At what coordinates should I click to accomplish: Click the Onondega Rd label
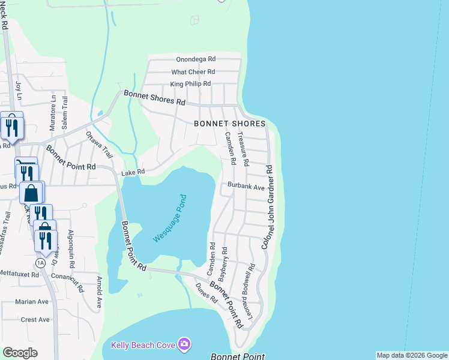pyautogui.click(x=196, y=59)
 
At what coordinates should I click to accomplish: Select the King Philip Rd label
pyautogui.click(x=190, y=84)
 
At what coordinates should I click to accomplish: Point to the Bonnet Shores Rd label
pyautogui.click(x=154, y=98)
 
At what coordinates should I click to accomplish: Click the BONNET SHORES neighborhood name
pyautogui.click(x=229, y=124)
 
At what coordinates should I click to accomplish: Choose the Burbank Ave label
pyautogui.click(x=246, y=187)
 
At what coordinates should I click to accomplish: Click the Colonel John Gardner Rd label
pyautogui.click(x=268, y=208)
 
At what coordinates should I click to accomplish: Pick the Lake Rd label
pyautogui.click(x=133, y=172)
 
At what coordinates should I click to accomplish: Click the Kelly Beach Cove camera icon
pyautogui.click(x=184, y=344)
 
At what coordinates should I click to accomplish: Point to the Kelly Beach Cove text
pyautogui.click(x=143, y=344)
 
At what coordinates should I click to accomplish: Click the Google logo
pyautogui.click(x=20, y=353)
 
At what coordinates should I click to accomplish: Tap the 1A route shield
pyautogui.click(x=40, y=263)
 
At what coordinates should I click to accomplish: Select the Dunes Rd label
pyautogui.click(x=206, y=292)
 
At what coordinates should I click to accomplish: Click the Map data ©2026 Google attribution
pyautogui.click(x=411, y=355)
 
